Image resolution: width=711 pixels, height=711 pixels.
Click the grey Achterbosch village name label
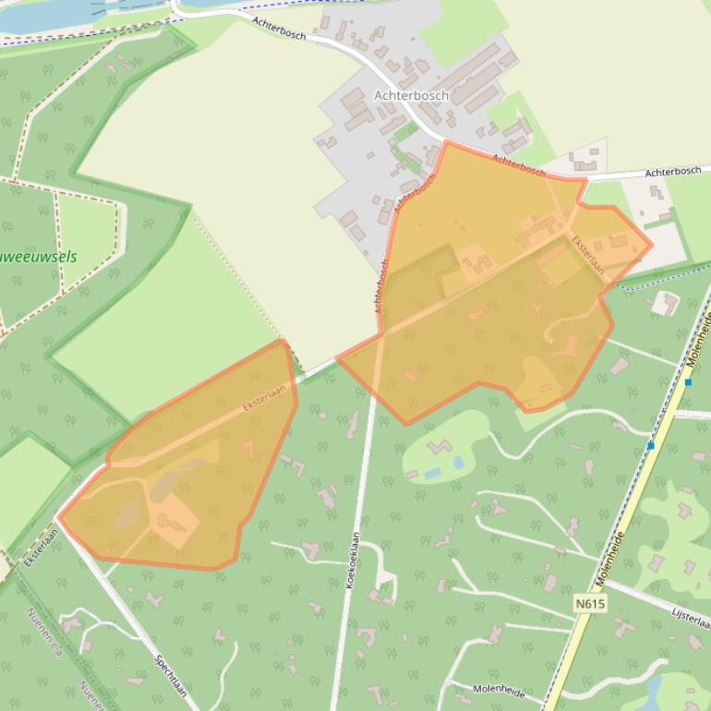[x=411, y=95]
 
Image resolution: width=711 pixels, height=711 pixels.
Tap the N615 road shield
[x=589, y=604]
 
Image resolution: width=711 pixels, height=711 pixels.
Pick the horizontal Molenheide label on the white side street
[x=499, y=689]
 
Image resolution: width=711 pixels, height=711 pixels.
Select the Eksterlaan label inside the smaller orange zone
[x=265, y=397]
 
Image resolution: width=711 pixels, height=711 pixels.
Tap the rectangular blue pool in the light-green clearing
[x=432, y=473]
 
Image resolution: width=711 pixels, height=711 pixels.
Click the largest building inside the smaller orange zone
[x=175, y=522]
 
